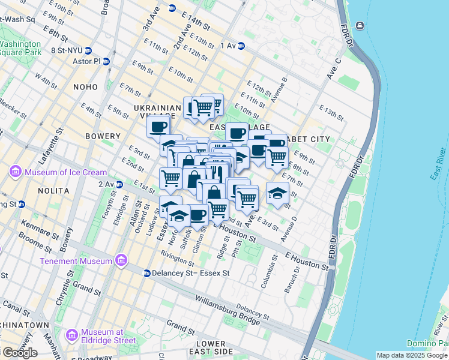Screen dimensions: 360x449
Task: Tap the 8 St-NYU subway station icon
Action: coord(88,50)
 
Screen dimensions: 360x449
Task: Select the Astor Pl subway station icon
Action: coord(106,61)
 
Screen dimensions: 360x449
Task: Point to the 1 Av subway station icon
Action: coord(241,46)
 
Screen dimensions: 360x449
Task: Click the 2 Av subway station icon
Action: coord(119,184)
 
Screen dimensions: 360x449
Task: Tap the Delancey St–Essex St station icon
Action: coord(146,273)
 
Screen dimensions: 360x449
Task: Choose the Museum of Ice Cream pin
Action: coord(16,173)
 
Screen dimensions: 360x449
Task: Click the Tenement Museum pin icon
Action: coord(122,261)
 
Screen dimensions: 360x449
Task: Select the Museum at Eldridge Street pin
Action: coord(71,335)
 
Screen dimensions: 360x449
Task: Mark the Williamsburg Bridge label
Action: coord(227,302)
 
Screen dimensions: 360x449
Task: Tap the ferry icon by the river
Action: coord(360,25)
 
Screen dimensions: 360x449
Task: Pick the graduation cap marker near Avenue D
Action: coord(277,193)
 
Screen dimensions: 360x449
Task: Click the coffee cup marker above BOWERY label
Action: coord(159,127)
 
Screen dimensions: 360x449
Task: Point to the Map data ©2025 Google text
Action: coord(412,355)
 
